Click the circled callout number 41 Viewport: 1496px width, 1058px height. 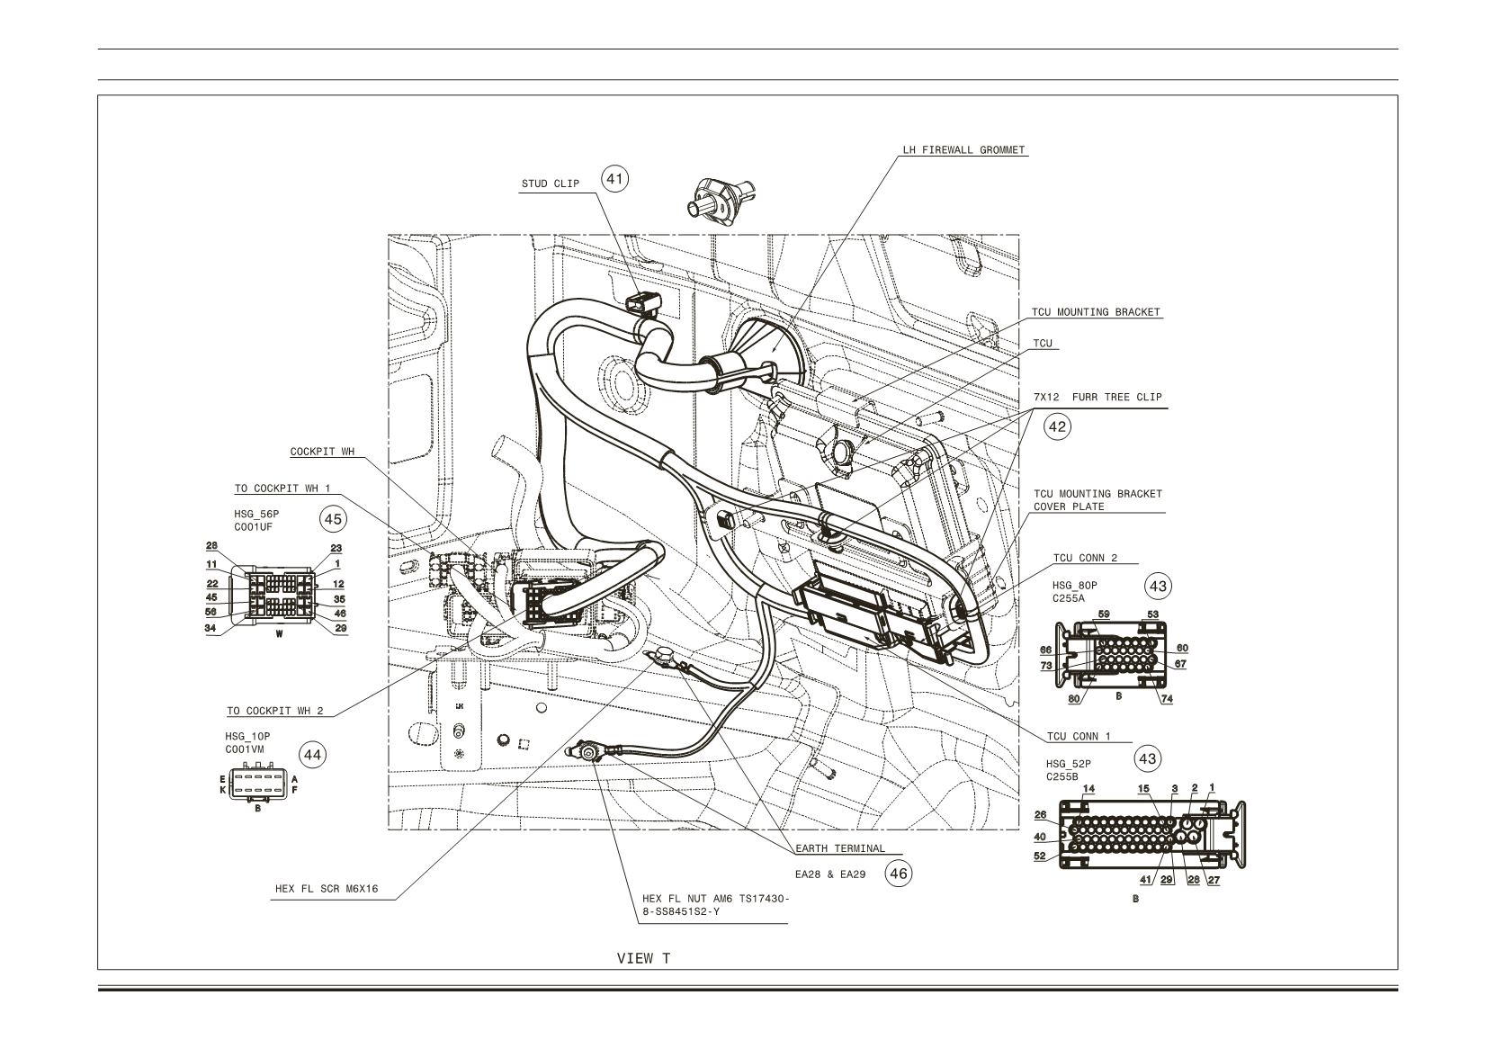tap(614, 179)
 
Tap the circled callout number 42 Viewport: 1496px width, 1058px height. tap(1057, 426)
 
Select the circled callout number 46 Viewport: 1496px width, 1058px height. tap(899, 874)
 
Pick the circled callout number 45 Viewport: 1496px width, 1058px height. tap(333, 519)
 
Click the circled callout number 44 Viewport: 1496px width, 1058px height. tap(312, 756)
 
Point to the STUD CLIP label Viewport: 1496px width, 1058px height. tap(551, 184)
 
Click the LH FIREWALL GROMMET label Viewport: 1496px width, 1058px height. tap(963, 150)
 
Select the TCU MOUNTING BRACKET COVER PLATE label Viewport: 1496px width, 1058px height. tap(1097, 500)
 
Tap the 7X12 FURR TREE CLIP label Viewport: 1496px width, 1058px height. tap(1097, 397)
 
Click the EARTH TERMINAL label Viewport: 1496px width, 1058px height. tap(840, 849)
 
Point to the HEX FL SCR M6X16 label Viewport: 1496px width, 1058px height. tap(327, 889)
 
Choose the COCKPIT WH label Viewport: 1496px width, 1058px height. tap(322, 452)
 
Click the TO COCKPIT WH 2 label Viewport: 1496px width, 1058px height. tap(275, 711)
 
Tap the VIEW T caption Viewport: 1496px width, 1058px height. tap(643, 958)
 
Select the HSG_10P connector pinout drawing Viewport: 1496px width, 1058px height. tap(258, 784)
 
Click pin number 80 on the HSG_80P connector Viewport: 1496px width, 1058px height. tap(1074, 699)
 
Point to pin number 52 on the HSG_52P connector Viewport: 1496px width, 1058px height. tap(1040, 856)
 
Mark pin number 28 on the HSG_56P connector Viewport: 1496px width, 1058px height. tap(211, 546)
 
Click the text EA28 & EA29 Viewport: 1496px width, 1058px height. tap(830, 874)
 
